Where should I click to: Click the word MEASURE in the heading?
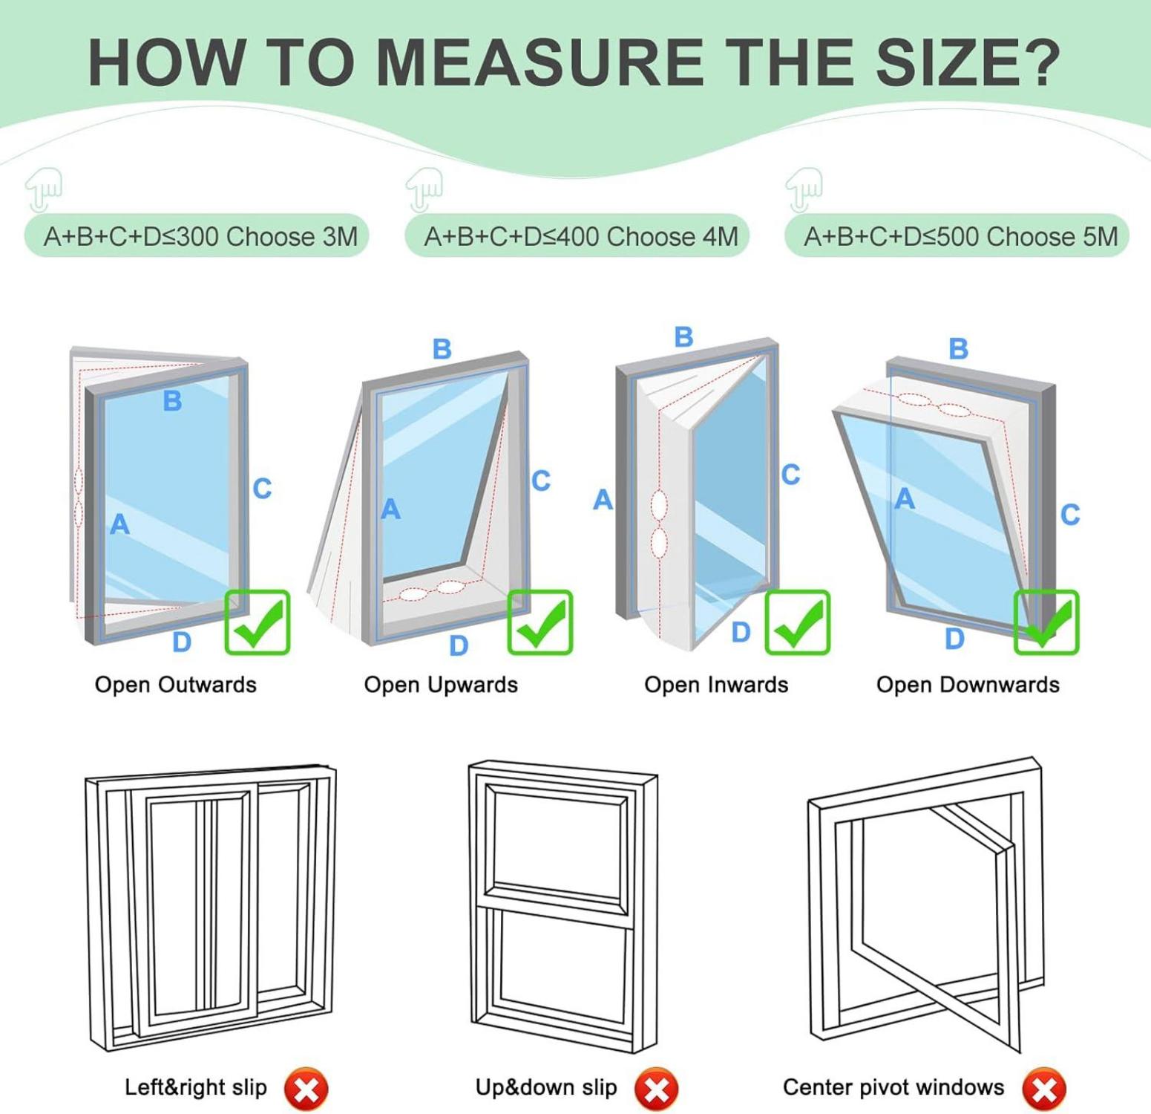[x=540, y=62]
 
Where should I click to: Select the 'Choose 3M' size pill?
[x=197, y=236]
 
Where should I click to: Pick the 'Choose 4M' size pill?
[x=577, y=236]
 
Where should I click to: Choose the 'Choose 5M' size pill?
[x=957, y=236]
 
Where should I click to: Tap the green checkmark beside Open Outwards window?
[x=258, y=622]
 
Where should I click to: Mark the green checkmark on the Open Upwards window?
[x=540, y=622]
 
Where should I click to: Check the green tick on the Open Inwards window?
[x=797, y=622]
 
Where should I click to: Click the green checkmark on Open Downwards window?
[x=1046, y=622]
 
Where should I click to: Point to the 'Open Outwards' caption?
[x=176, y=685]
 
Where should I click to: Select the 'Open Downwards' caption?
[x=968, y=685]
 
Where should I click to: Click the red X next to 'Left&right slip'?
[x=306, y=1089]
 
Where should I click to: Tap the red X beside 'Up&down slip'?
[x=656, y=1089]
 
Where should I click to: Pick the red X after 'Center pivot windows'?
[x=1044, y=1089]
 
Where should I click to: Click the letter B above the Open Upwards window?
[x=442, y=348]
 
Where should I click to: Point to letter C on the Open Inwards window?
[x=791, y=475]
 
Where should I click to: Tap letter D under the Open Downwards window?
[x=955, y=639]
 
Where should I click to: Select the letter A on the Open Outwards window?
[x=120, y=524]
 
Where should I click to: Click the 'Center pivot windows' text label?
[x=893, y=1087]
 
